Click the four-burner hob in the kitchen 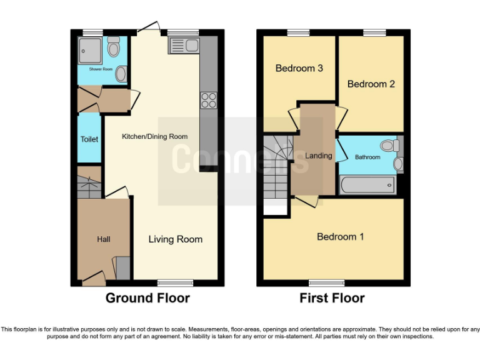click(x=208, y=100)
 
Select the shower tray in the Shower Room click(x=92, y=49)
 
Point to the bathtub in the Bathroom click(x=367, y=185)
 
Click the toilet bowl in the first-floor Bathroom click(x=389, y=146)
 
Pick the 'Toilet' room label click(x=89, y=139)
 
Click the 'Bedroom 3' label click(x=299, y=68)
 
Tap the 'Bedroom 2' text click(x=371, y=84)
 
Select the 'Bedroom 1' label click(x=340, y=236)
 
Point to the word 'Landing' click(x=318, y=156)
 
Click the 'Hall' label click(x=103, y=239)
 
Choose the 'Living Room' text click(x=175, y=239)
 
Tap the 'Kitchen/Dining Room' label click(x=154, y=136)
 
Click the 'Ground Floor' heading click(x=147, y=298)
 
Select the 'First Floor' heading click(x=332, y=298)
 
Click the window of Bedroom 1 click(x=326, y=283)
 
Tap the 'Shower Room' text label click(x=101, y=69)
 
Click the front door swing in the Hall click(x=94, y=277)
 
